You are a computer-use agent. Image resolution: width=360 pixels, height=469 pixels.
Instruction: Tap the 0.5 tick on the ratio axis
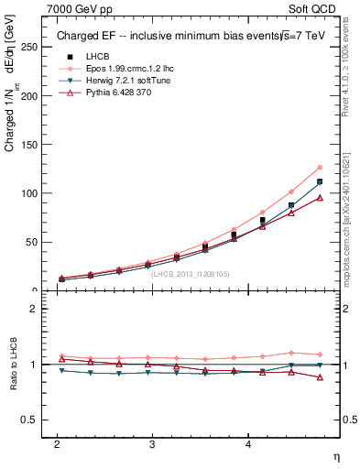click(x=30, y=420)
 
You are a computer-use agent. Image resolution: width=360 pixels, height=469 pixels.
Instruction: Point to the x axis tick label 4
click(x=248, y=443)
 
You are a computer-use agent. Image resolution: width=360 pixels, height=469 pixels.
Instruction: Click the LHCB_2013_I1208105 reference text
click(x=191, y=274)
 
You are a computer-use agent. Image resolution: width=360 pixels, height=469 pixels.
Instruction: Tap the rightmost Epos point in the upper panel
click(x=320, y=168)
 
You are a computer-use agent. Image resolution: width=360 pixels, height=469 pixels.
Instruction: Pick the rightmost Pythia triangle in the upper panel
click(x=320, y=198)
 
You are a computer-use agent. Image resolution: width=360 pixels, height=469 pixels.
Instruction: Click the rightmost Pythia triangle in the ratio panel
click(x=320, y=377)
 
